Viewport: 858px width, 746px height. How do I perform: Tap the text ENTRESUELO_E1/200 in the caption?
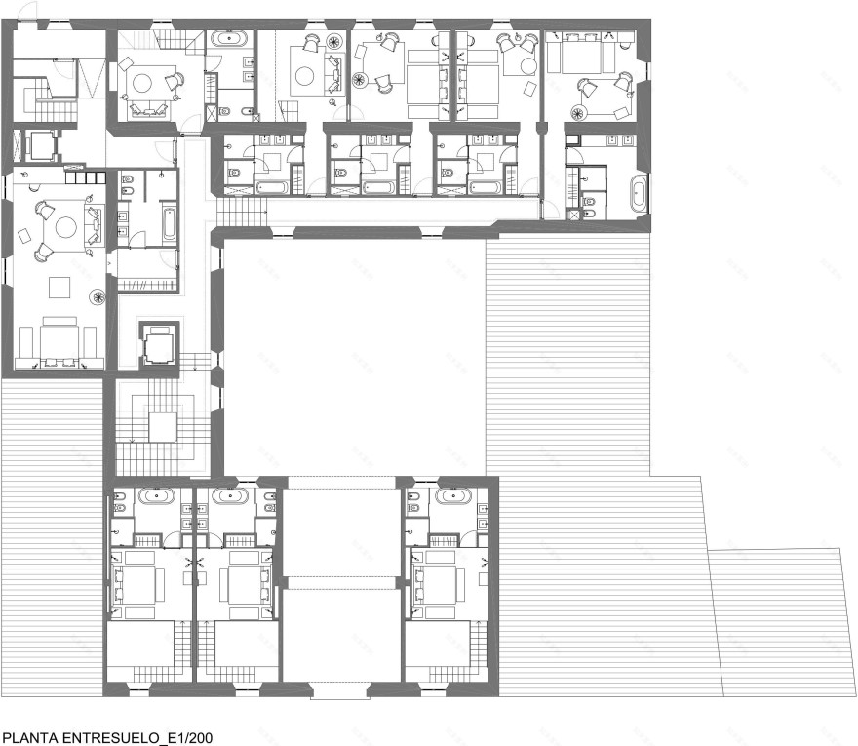[x=136, y=738]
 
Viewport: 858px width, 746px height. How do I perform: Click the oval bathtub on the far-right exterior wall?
[x=639, y=193]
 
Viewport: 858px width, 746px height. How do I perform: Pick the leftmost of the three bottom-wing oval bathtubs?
[x=157, y=496]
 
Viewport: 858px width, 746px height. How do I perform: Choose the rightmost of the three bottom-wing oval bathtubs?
[x=453, y=496]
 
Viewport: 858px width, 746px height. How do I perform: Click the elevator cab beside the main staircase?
[x=160, y=345]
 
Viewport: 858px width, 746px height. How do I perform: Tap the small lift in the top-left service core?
[x=40, y=145]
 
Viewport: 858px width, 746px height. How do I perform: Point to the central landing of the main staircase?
[x=163, y=427]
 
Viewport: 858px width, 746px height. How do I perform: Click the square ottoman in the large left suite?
[x=59, y=288]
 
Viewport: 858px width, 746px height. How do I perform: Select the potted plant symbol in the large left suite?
[x=98, y=296]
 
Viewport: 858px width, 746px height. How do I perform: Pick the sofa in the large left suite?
[x=94, y=224]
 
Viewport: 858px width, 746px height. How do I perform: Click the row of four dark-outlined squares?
[x=86, y=177]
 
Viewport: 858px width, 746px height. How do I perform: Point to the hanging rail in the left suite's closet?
[x=146, y=285]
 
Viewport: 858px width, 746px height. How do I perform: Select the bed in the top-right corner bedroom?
[x=582, y=52]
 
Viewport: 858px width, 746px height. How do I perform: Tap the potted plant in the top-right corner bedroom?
[x=578, y=114]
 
